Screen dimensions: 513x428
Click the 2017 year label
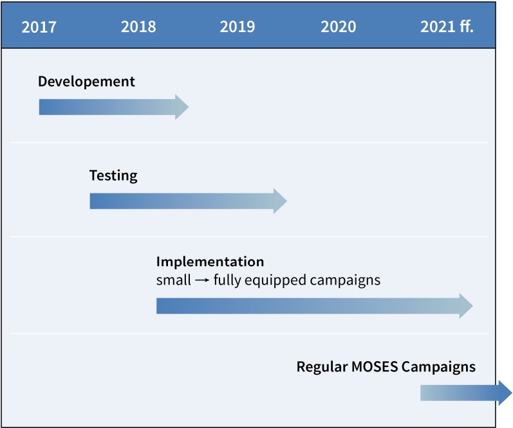click(39, 27)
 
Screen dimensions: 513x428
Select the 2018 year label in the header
click(138, 27)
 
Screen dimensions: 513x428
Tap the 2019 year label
click(238, 27)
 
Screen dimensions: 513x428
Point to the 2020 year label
click(339, 27)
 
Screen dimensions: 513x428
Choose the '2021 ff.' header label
click(447, 26)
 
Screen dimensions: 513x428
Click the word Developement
click(86, 82)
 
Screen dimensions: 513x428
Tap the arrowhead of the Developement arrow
click(182, 107)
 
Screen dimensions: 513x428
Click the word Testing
click(113, 176)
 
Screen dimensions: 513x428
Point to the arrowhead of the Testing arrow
click(281, 201)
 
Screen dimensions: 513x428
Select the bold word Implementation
click(210, 262)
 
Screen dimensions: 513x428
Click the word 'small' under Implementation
click(174, 280)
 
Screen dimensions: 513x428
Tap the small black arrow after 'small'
click(202, 280)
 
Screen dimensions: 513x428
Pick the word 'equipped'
click(275, 281)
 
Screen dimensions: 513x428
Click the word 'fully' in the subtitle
click(227, 281)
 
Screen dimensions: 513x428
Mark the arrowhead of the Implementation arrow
click(466, 306)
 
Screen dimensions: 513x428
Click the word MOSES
click(375, 366)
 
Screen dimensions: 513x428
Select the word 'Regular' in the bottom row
click(322, 367)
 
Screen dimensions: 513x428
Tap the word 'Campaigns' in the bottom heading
click(439, 367)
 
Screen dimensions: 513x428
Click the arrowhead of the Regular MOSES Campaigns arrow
click(505, 393)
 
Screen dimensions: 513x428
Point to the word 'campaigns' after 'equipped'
click(345, 281)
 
